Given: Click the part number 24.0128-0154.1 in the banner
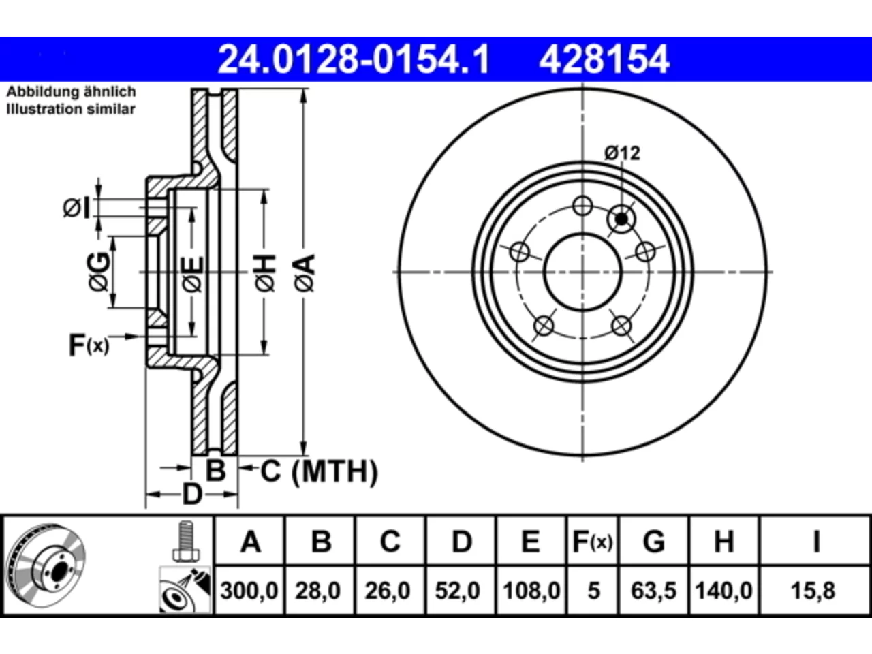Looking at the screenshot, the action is (x=354, y=59).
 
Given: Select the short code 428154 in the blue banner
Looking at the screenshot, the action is (x=604, y=59).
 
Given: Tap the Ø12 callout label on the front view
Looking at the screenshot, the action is (x=622, y=154).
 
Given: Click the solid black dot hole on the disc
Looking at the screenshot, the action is (x=621, y=219).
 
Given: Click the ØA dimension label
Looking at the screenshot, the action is (x=305, y=273).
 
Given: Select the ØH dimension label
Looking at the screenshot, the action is (x=266, y=273).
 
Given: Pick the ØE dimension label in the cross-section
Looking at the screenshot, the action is (x=193, y=274).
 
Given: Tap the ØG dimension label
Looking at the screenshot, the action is (x=98, y=272).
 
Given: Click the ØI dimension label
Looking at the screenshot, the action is (x=77, y=208).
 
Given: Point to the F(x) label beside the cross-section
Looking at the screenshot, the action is (x=89, y=345).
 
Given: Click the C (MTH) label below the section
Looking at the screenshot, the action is (x=319, y=471).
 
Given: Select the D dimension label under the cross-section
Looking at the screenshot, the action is (x=192, y=495).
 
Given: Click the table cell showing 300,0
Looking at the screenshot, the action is (x=249, y=591).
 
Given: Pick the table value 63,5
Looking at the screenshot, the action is (x=653, y=591).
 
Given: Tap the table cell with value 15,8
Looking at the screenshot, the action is (x=813, y=591).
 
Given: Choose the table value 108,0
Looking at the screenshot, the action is (x=531, y=591).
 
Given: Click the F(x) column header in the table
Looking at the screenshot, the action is (x=592, y=542).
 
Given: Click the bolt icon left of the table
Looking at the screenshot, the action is (x=185, y=541).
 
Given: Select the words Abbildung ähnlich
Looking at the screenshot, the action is (x=71, y=92).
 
